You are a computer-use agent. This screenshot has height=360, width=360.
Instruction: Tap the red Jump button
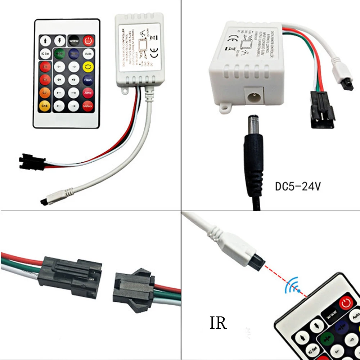click(x=88, y=93)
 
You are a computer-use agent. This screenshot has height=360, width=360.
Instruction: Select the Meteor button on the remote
click(x=88, y=106)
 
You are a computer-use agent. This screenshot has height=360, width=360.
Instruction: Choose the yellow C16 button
click(x=45, y=106)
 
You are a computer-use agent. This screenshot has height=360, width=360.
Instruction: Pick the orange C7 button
click(x=45, y=93)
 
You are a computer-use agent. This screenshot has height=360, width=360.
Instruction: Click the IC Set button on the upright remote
click(x=45, y=53)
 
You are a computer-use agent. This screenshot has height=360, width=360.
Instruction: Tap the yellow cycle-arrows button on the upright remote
click(x=88, y=66)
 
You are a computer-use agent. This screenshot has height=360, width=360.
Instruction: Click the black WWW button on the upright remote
click(x=73, y=39)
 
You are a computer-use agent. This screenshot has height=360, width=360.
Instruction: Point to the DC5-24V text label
click(x=298, y=186)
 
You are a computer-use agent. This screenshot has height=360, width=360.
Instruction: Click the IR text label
click(x=218, y=323)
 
